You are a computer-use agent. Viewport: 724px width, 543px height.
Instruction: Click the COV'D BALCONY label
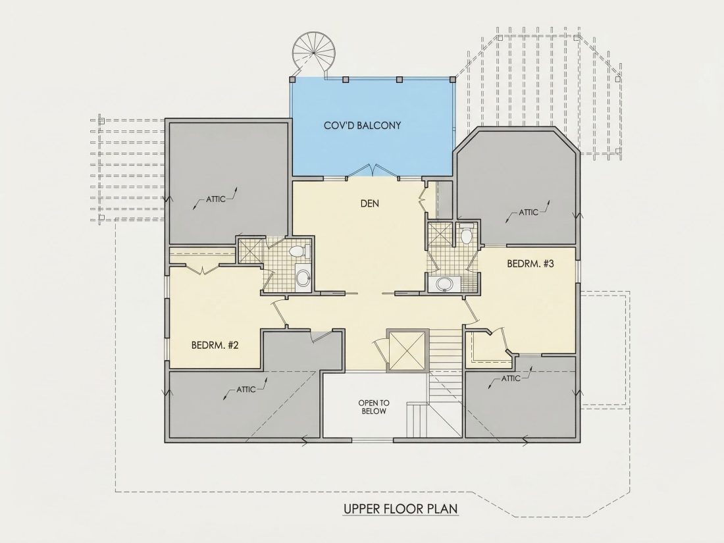click(362, 125)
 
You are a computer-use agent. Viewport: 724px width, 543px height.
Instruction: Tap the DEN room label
click(369, 203)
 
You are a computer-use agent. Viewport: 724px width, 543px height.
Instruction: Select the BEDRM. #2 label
click(215, 345)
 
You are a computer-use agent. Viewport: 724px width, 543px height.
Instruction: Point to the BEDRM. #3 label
click(530, 264)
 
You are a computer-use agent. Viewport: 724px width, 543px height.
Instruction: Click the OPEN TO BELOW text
click(374, 407)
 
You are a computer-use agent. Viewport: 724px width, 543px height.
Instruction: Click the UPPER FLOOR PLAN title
click(400, 509)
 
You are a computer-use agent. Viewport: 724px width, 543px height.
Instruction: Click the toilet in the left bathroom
click(299, 251)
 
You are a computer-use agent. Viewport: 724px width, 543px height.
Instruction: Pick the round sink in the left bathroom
click(303, 278)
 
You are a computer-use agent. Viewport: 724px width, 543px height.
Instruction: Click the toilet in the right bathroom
click(467, 234)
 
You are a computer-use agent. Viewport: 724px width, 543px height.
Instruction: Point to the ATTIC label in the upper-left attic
click(216, 199)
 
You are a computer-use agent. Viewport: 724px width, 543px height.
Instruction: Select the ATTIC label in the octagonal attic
click(529, 213)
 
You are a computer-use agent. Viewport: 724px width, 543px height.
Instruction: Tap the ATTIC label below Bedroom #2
click(246, 389)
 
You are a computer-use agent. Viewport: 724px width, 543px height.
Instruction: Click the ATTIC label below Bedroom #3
click(511, 378)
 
